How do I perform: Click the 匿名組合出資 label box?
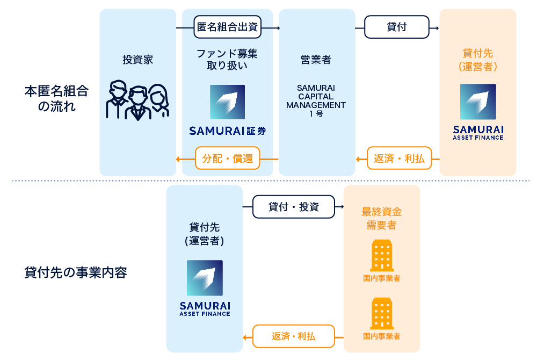[x=228, y=27]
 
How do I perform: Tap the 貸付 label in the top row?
[x=397, y=27]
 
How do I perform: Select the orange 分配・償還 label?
[x=227, y=159]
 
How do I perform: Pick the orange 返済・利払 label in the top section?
[x=399, y=159]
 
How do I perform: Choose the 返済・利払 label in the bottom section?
[x=293, y=337]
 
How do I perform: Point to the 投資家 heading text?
[x=137, y=60]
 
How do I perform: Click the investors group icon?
[x=137, y=100]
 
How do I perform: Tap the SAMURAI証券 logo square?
[x=227, y=102]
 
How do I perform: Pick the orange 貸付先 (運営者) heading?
[x=478, y=60]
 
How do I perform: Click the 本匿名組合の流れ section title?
[x=56, y=98]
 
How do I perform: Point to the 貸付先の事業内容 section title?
[x=75, y=272]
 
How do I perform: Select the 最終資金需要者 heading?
[x=381, y=218]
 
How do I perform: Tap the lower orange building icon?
[x=381, y=314]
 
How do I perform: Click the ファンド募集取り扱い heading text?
[x=227, y=60]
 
